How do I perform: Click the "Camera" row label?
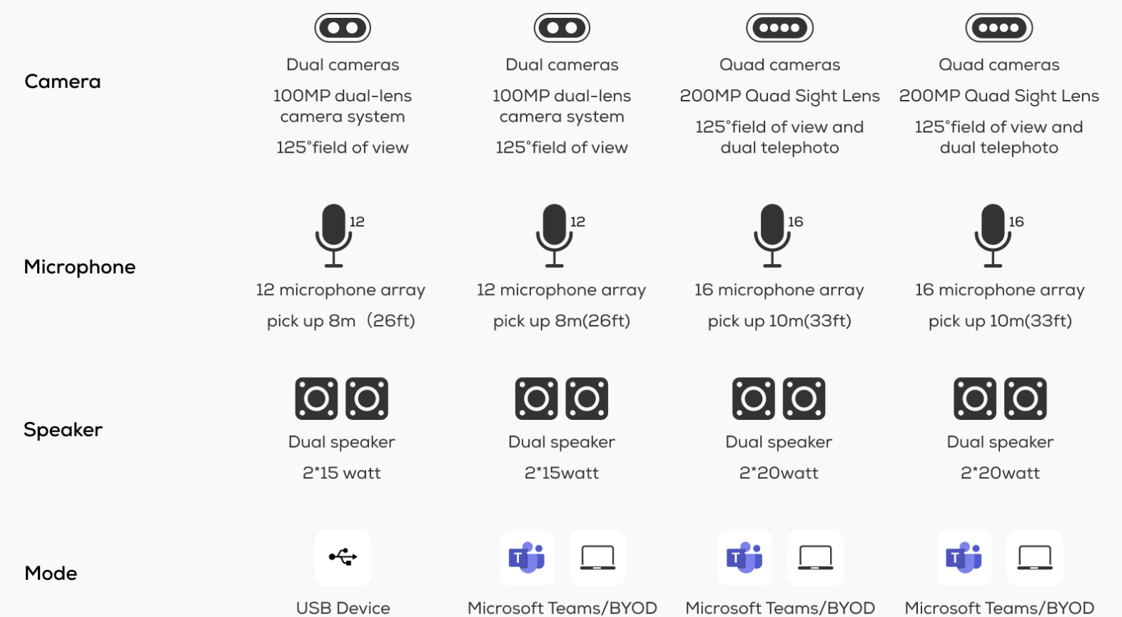pyautogui.click(x=63, y=81)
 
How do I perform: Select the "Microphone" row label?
pyautogui.click(x=80, y=267)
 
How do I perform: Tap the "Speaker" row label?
pyautogui.click(x=63, y=430)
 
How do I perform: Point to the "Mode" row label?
pyautogui.click(x=51, y=573)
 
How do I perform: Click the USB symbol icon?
pyautogui.click(x=343, y=557)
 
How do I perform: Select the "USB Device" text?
pyautogui.click(x=343, y=608)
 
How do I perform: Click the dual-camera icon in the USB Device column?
pyautogui.click(x=343, y=28)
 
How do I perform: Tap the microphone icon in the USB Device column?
pyautogui.click(x=333, y=236)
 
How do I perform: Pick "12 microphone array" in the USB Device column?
pyautogui.click(x=340, y=290)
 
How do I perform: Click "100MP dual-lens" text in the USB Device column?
pyautogui.click(x=343, y=96)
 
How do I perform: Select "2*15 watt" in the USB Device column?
pyautogui.click(x=342, y=473)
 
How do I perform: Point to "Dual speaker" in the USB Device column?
pyautogui.click(x=342, y=442)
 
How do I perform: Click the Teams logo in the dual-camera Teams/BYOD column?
pyautogui.click(x=527, y=557)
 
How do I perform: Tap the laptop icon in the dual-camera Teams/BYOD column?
pyautogui.click(x=597, y=558)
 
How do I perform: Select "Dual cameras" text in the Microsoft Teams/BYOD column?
pyautogui.click(x=562, y=65)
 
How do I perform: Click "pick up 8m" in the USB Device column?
pyautogui.click(x=311, y=321)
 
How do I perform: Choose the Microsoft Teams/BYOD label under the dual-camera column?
pyautogui.click(x=562, y=608)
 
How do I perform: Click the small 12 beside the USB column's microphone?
pyautogui.click(x=357, y=221)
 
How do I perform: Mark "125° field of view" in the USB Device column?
pyautogui.click(x=343, y=148)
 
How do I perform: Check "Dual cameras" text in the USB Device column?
pyautogui.click(x=343, y=65)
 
